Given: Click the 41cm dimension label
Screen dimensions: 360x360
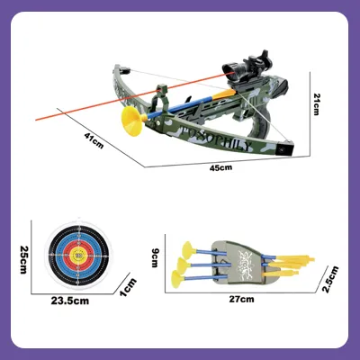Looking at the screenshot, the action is (x=94, y=140).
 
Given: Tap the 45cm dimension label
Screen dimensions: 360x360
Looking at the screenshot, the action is (x=220, y=167).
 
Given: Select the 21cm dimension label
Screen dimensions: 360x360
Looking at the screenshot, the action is (x=316, y=104).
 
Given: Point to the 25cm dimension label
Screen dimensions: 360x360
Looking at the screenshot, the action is (x=23, y=260).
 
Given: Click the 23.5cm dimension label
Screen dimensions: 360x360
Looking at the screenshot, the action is (x=70, y=301).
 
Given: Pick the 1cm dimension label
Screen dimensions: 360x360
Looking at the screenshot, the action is (x=128, y=288).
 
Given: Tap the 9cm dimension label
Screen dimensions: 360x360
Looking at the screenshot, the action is (x=155, y=257).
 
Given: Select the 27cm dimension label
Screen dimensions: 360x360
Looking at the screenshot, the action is (x=242, y=299).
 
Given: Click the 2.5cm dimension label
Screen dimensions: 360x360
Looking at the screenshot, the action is (x=330, y=279).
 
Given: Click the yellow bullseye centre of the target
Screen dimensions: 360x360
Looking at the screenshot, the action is (x=79, y=256).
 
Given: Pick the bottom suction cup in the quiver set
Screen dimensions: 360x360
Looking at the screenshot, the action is (x=177, y=278).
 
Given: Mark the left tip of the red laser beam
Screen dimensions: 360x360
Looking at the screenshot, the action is (x=36, y=120).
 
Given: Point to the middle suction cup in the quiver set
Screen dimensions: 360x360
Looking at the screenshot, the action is (x=183, y=264).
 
